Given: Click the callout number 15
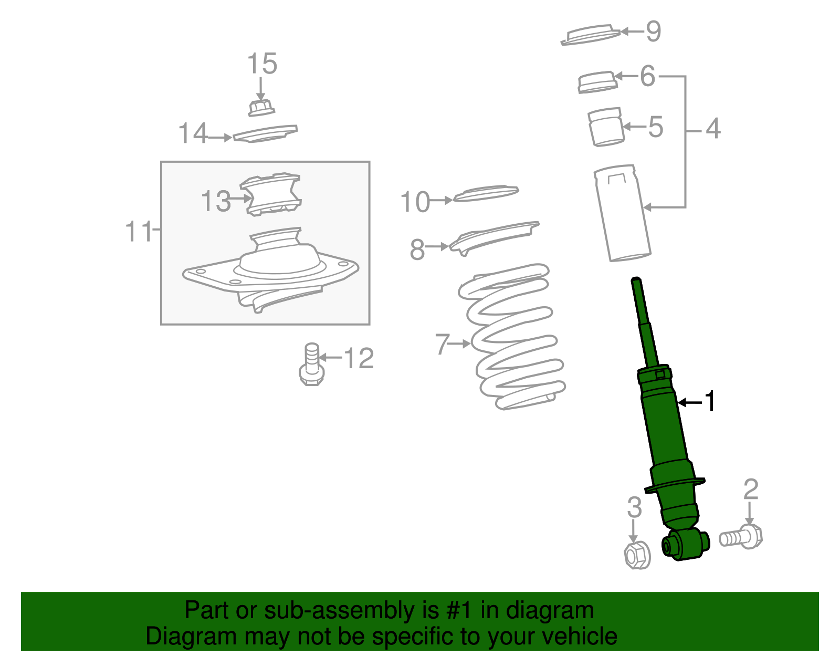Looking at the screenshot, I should point(262,64).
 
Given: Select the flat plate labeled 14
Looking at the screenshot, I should point(266,133).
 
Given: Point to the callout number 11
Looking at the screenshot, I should point(138,231).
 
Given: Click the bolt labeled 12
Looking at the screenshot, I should point(312,365).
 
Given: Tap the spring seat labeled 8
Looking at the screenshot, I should point(493,236).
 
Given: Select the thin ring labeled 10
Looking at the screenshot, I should point(486,193).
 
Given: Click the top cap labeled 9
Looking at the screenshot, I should point(591,35).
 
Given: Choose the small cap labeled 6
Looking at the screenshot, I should point(597,82).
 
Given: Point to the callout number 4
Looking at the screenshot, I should point(712,129).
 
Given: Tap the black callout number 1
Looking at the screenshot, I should point(710,402).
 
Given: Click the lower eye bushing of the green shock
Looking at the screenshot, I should point(685,545).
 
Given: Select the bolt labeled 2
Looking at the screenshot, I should point(741,537).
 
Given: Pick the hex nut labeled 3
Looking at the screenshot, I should point(637,555).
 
